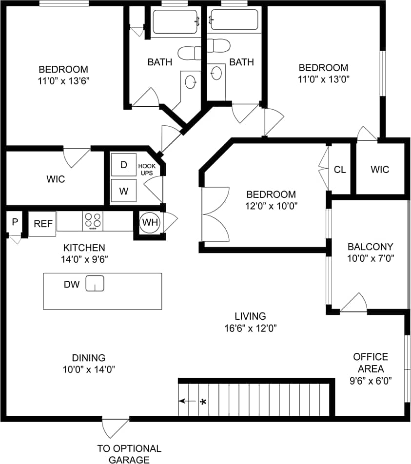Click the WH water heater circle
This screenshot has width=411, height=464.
click(x=150, y=223)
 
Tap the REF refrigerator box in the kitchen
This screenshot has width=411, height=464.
click(x=42, y=224)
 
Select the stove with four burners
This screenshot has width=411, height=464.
click(x=94, y=221)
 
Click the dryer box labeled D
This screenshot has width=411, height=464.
click(x=124, y=165)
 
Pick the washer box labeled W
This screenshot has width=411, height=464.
click(x=124, y=191)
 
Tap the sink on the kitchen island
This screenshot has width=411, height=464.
click(x=95, y=283)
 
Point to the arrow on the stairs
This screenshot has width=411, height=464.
click(x=186, y=402)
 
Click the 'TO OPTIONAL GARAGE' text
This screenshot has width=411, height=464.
click(x=129, y=454)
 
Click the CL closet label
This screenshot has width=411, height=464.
click(x=340, y=170)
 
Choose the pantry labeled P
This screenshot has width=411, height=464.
click(x=15, y=222)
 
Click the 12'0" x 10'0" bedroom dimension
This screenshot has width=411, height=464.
click(x=271, y=206)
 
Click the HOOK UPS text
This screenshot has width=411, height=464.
click(x=147, y=169)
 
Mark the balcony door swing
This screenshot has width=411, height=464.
click(x=354, y=303)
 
